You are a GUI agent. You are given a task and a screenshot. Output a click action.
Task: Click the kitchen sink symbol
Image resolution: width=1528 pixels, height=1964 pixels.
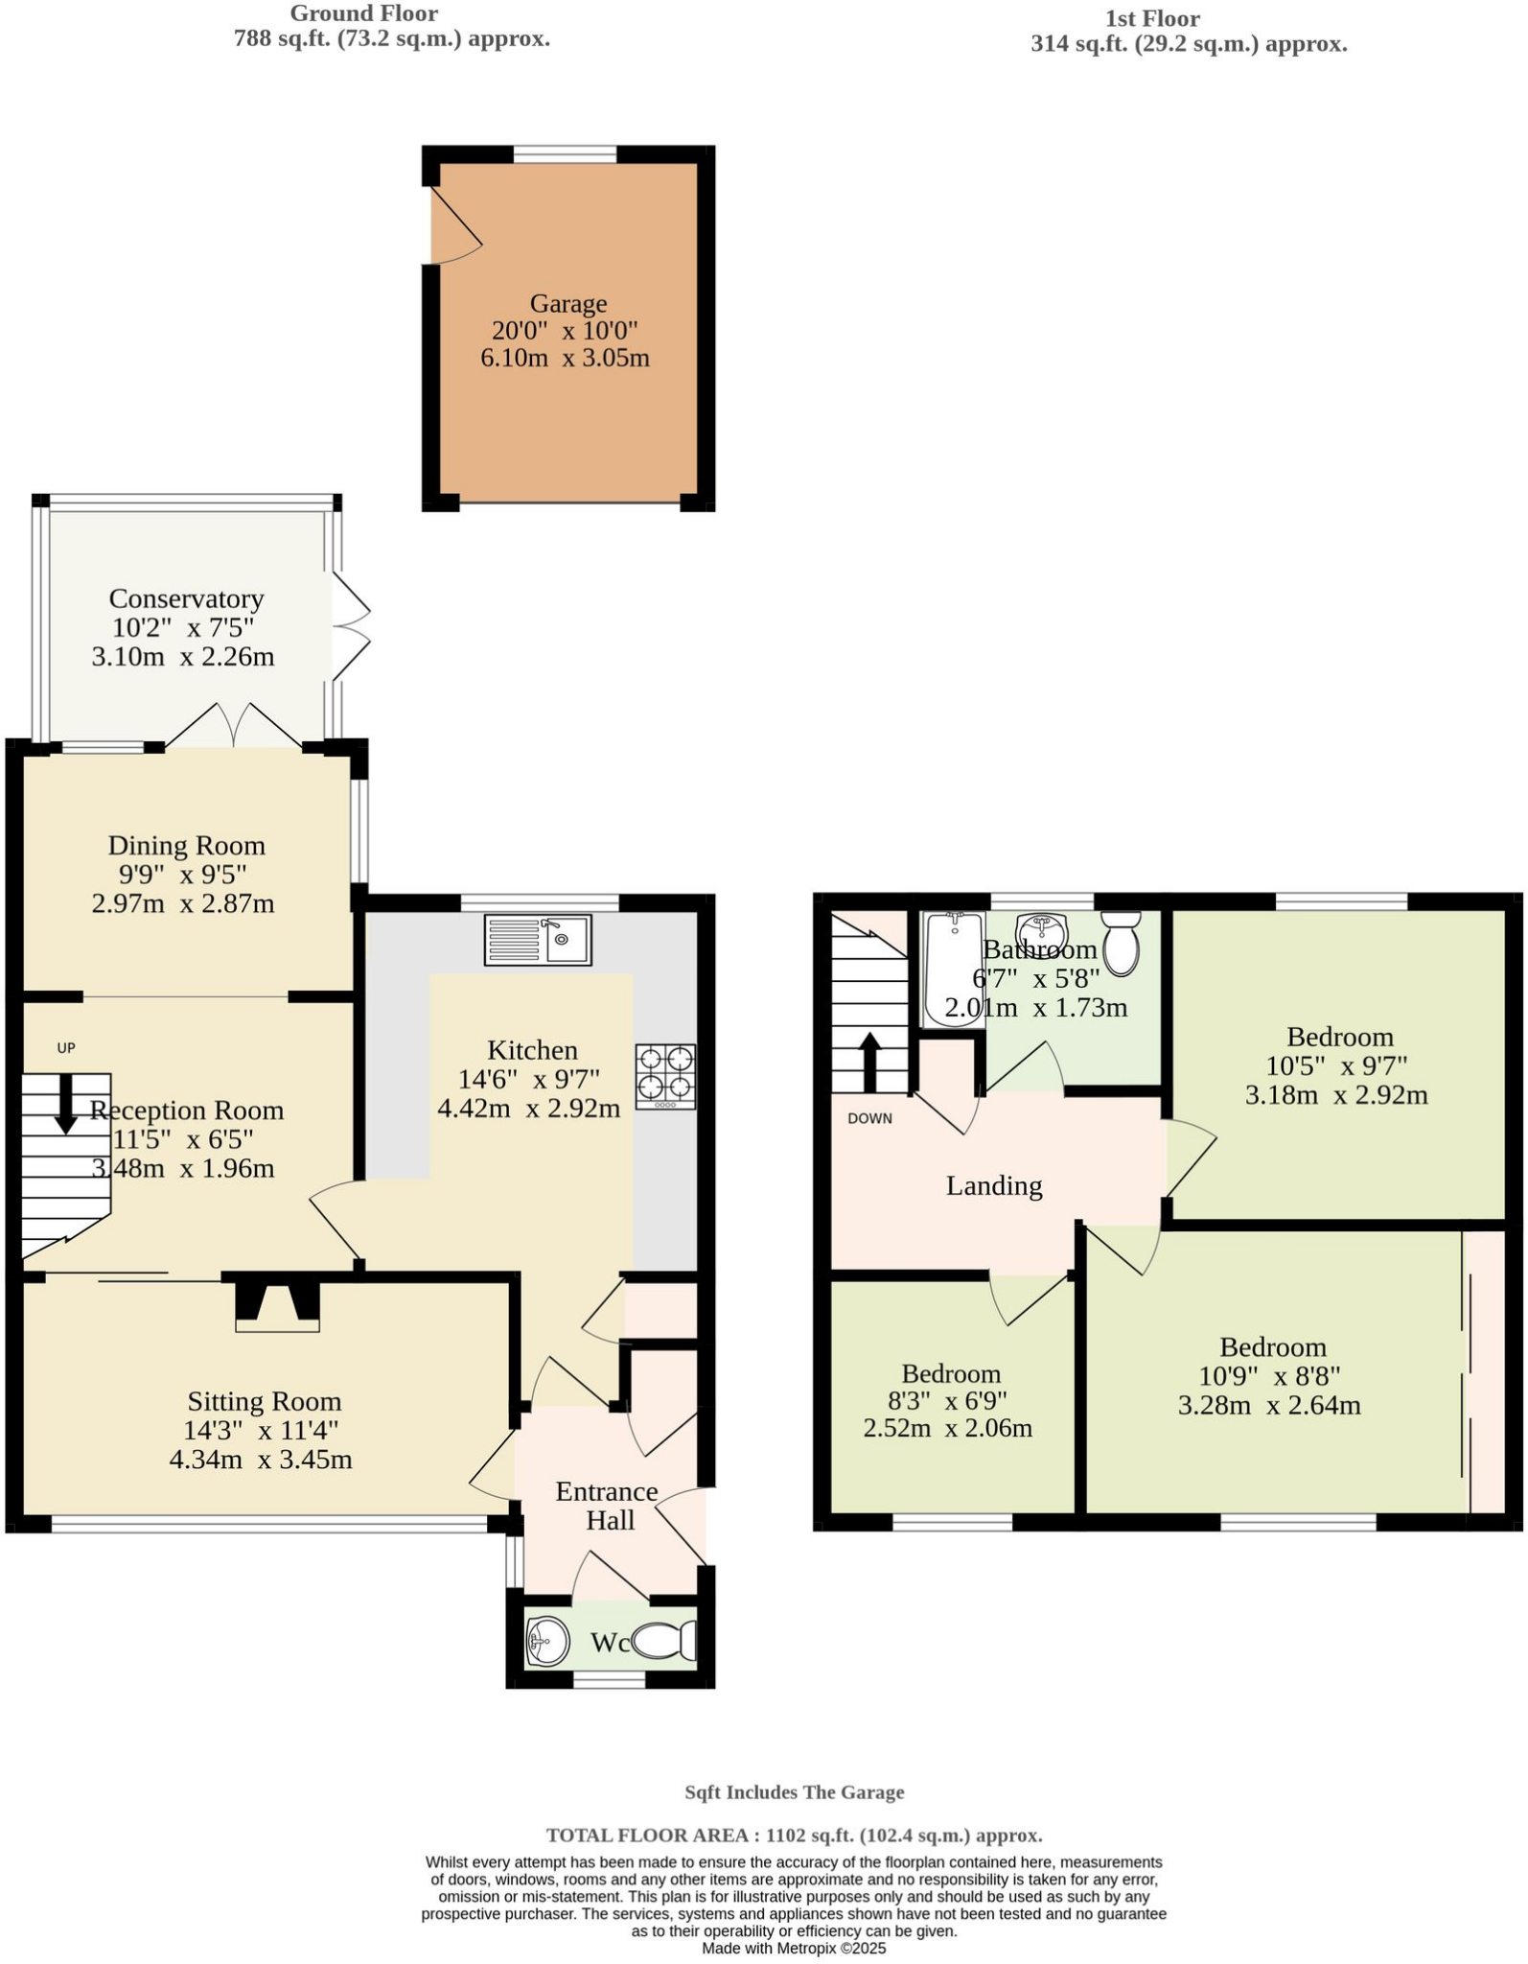click(538, 939)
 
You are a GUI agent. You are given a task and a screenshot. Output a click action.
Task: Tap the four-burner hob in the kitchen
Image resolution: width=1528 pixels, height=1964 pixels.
click(665, 1075)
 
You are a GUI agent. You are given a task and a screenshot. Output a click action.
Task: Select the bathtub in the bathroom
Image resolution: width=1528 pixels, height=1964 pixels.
click(954, 969)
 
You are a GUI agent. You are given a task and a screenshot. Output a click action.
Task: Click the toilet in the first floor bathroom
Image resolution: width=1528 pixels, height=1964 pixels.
click(1121, 941)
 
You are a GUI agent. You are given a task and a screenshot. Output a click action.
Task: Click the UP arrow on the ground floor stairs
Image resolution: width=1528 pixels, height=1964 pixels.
click(66, 1103)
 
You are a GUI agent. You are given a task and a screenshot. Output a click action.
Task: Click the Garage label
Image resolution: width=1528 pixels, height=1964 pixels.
click(568, 303)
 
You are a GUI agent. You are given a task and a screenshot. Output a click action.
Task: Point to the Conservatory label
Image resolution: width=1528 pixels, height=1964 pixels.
click(186, 598)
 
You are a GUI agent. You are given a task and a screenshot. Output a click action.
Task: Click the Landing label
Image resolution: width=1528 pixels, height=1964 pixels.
click(994, 1186)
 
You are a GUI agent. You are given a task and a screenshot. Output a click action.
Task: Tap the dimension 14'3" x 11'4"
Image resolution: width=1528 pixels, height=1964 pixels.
click(261, 1431)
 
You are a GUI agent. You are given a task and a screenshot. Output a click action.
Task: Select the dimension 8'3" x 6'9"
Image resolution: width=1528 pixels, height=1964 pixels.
click(949, 1401)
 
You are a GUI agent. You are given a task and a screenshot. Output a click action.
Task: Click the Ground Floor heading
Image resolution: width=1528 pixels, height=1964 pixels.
click(363, 13)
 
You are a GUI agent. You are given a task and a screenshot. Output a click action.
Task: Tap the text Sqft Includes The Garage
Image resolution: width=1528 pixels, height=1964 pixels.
click(794, 1792)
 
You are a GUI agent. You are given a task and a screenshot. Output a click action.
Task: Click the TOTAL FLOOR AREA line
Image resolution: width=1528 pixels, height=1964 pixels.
click(794, 1835)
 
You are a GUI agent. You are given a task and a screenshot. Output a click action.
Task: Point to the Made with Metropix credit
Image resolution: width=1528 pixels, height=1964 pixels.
click(794, 1949)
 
